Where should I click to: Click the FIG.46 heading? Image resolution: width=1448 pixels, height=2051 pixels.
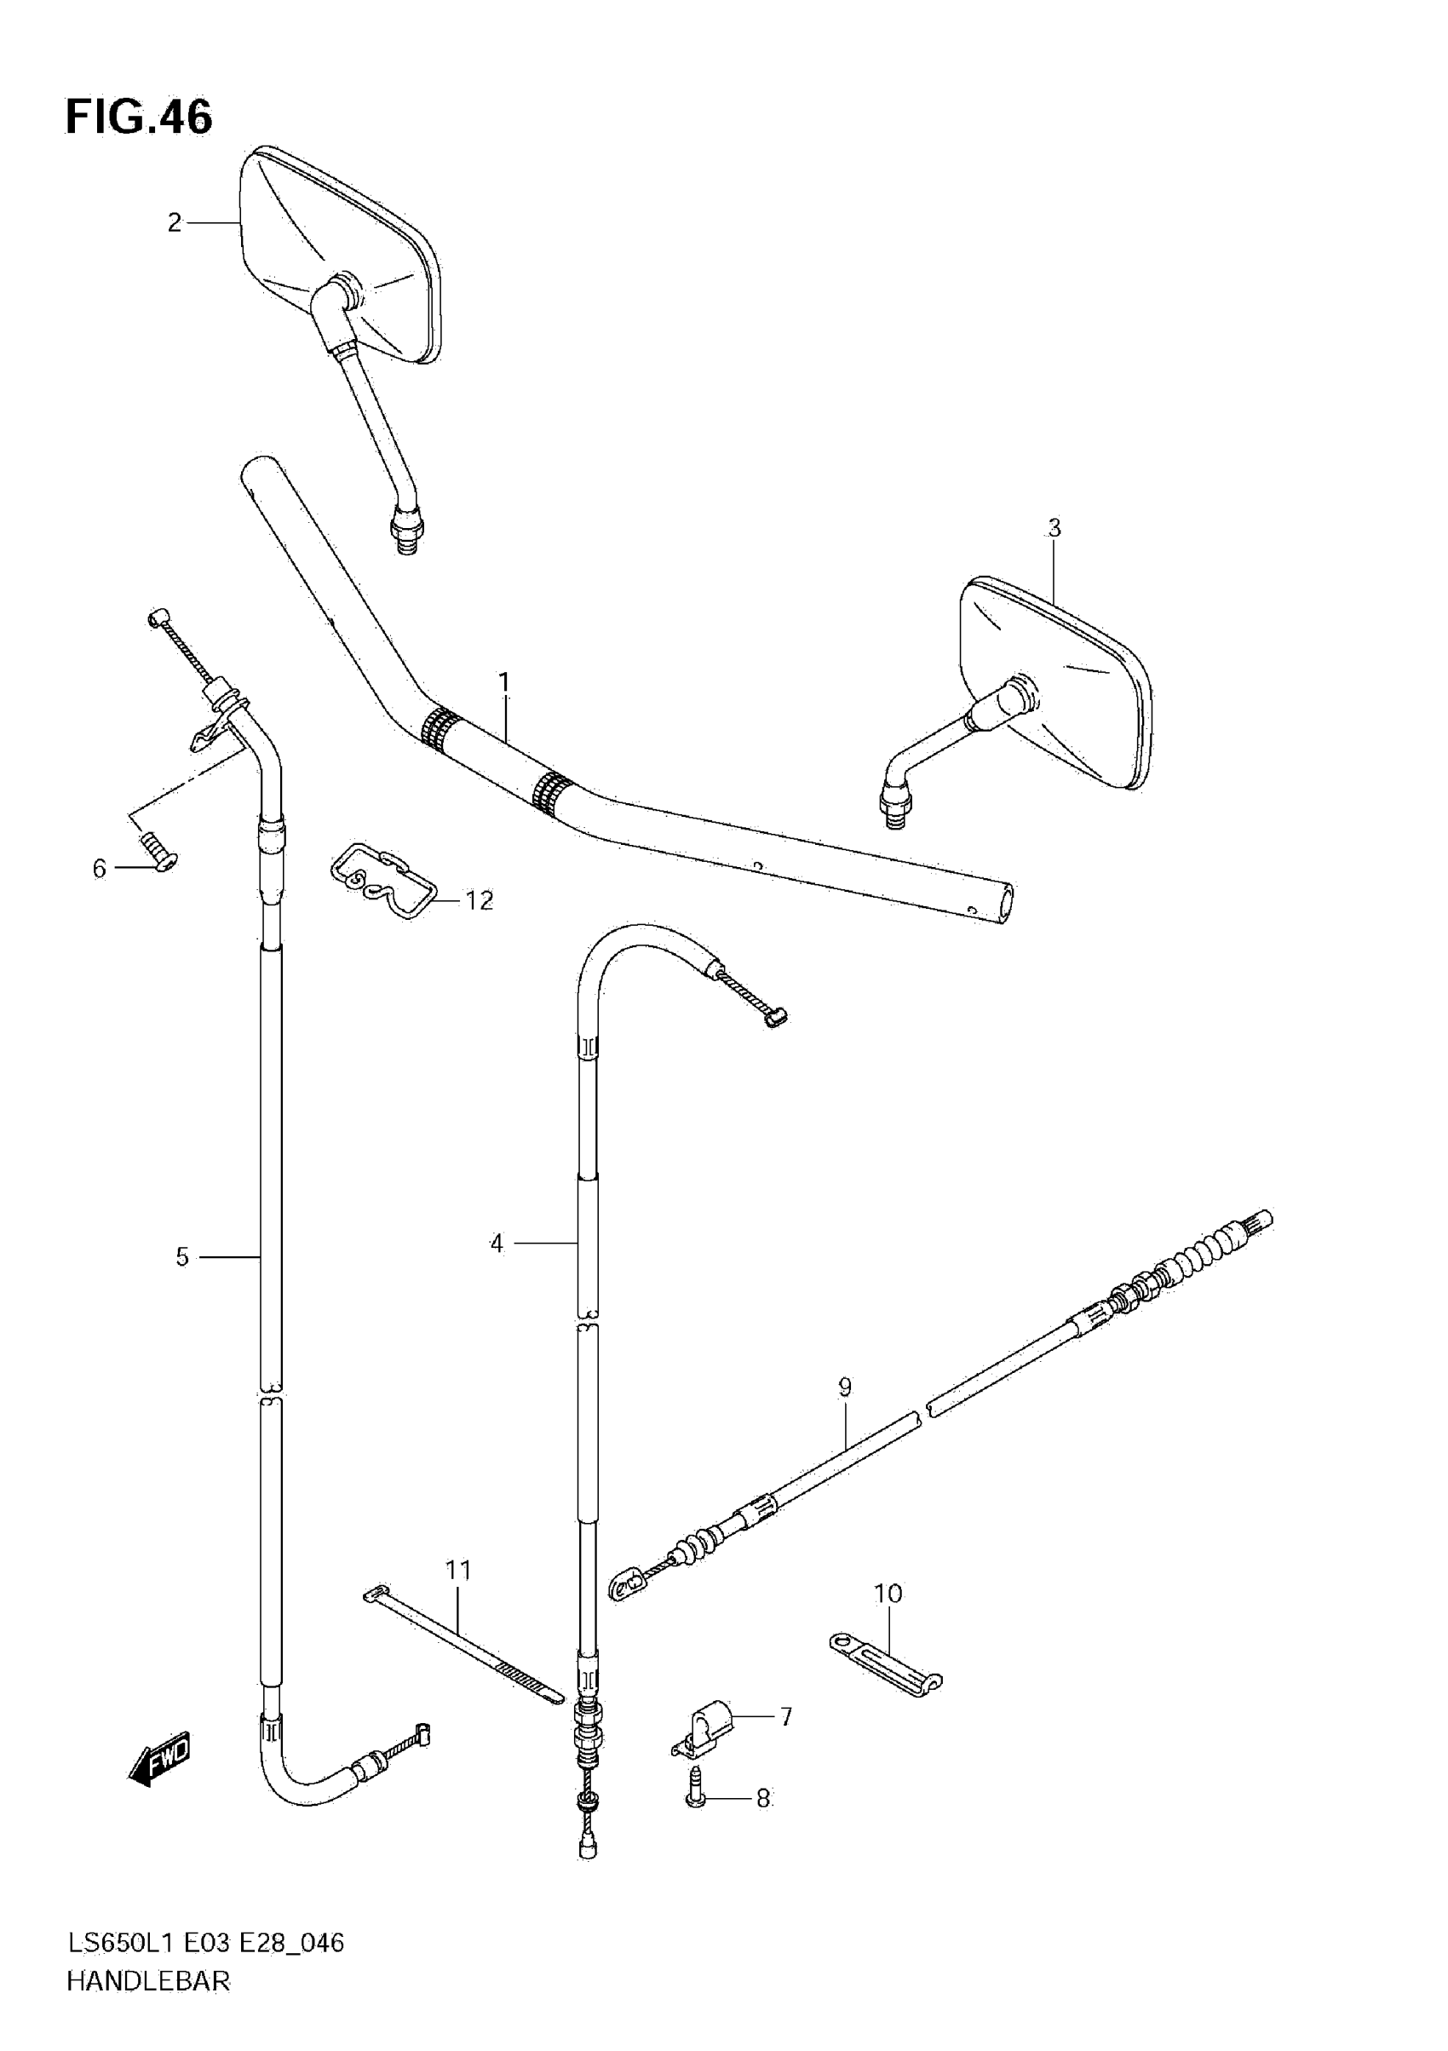139,117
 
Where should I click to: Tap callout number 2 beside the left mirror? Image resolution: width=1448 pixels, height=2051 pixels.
175,222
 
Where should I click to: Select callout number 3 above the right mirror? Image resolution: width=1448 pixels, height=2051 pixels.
1054,528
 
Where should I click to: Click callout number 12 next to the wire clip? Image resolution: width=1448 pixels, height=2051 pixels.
479,900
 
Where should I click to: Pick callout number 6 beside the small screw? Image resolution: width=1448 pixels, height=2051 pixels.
99,868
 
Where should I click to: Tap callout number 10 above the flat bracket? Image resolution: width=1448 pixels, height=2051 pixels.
887,1593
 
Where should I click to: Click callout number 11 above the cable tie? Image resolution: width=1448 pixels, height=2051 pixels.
458,1570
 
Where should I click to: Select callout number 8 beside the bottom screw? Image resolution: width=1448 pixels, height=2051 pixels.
763,1798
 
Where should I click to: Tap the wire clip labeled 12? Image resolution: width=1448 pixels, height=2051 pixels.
382,880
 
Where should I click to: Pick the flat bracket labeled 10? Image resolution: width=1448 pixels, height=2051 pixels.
884,1664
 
